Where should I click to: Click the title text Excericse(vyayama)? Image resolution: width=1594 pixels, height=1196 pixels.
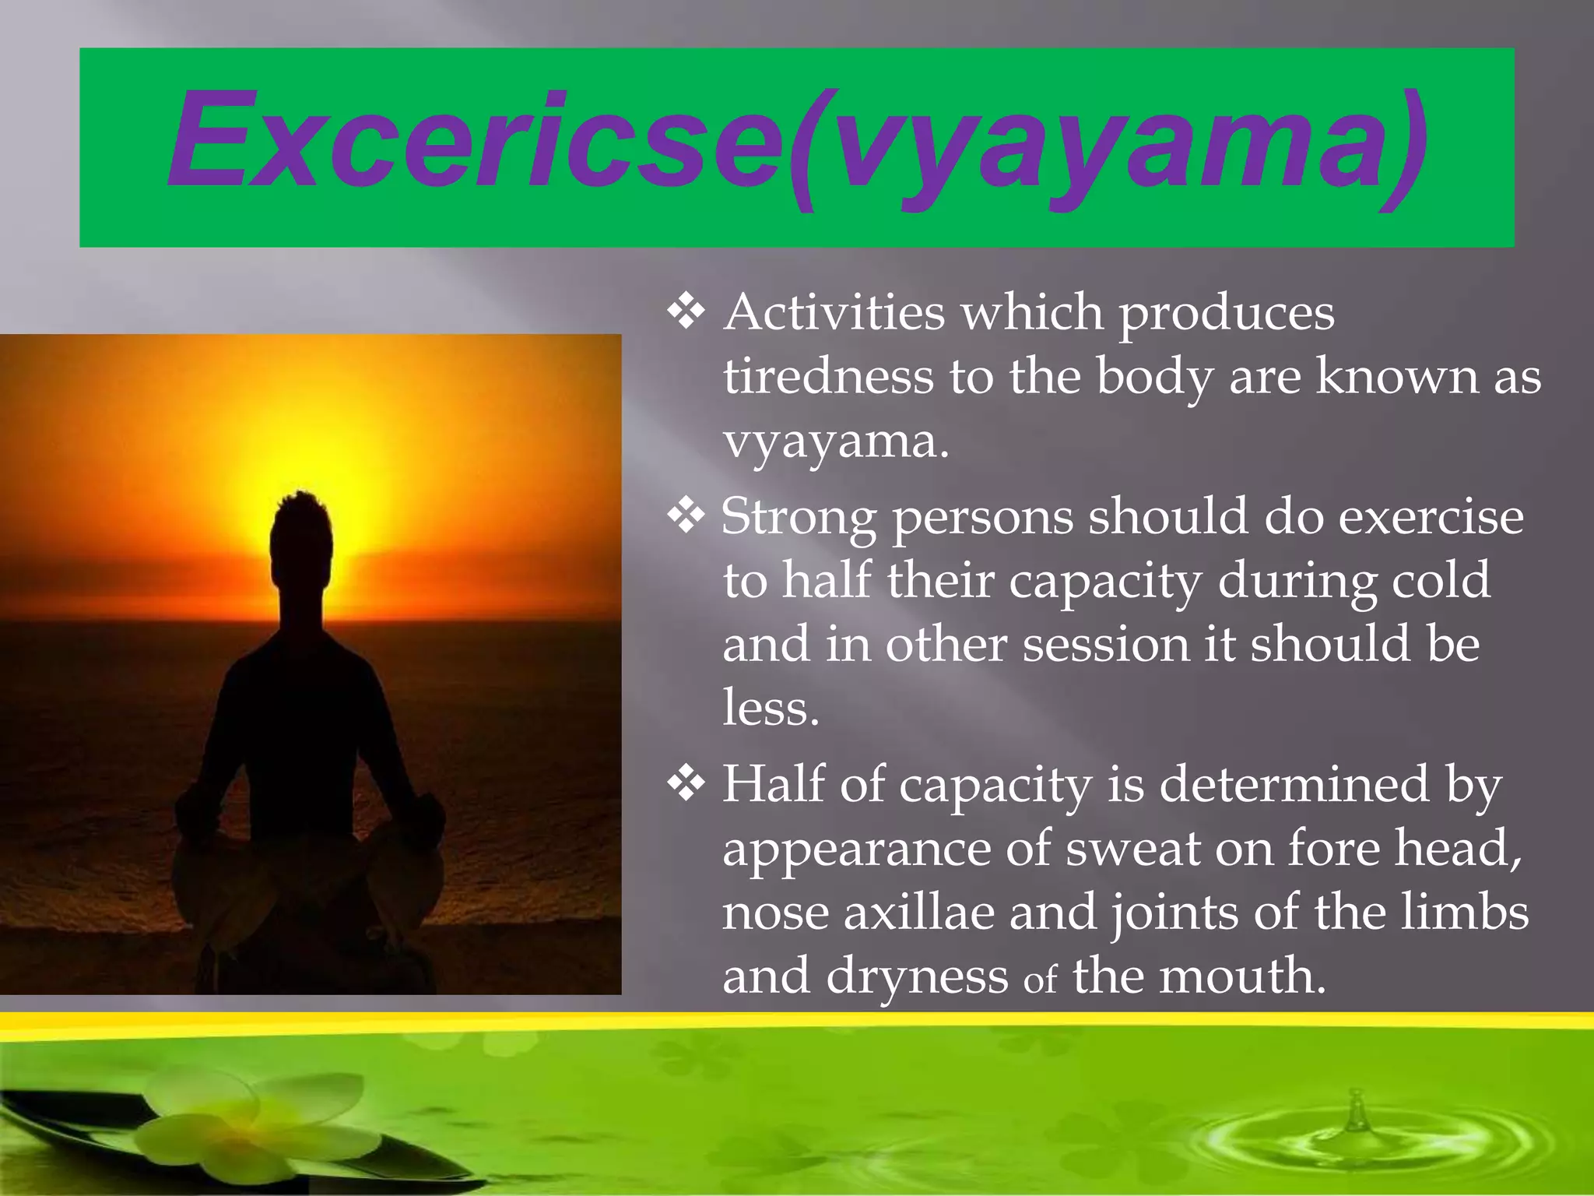797,144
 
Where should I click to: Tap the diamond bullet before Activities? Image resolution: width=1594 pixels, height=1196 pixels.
686,313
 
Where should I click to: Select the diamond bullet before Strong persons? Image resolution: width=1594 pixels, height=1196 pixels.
686,517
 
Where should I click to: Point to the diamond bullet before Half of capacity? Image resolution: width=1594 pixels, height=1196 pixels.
686,785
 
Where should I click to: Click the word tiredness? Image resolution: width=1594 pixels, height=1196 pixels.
827,377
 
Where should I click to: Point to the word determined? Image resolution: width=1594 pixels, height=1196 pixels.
1294,785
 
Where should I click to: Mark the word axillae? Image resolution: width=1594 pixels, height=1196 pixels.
919,913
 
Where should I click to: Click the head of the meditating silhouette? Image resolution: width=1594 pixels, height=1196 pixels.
302,537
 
